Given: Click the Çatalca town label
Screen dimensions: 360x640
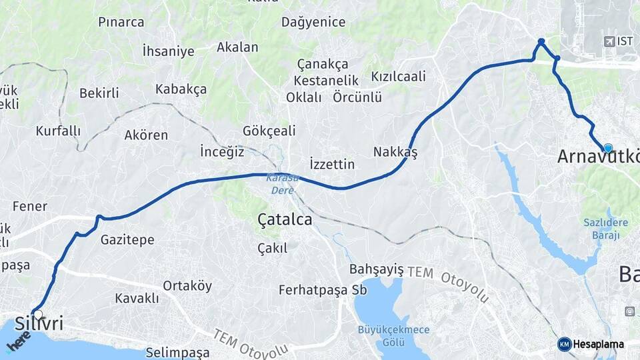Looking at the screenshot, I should pos(285,219).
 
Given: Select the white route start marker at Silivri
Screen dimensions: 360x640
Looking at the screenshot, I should pos(38,315).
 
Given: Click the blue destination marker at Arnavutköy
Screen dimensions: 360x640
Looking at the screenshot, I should pos(607,148).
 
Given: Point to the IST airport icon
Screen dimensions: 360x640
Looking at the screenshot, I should pos(608,41).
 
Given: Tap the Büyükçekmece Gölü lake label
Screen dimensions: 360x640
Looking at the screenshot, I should pos(393,335).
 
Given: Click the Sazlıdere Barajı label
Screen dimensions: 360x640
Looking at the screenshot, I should pos(601,229).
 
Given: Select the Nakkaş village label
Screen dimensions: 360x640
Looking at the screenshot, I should pos(395,152).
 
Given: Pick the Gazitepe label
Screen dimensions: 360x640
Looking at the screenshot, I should pos(127,239).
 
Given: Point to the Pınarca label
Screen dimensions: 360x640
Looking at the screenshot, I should pos(121,22).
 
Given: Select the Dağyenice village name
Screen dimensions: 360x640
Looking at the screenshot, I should pos(313,22).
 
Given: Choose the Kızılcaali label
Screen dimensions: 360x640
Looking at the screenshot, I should pos(398,77).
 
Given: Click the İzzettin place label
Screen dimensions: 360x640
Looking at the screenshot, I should pos(332,164).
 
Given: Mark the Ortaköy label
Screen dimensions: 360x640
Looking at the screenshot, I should pos(187,286).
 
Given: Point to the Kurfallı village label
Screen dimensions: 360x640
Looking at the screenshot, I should pos(58,131).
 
